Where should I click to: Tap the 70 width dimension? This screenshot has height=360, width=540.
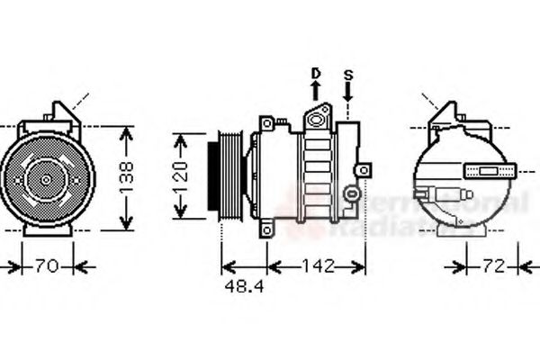[47, 266]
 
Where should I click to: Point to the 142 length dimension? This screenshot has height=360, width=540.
[317, 266]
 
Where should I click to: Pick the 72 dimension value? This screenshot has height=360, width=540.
[492, 266]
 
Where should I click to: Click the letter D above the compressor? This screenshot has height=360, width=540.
[316, 72]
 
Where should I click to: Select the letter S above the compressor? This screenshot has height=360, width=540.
[348, 72]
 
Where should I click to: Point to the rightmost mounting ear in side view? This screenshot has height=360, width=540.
[363, 170]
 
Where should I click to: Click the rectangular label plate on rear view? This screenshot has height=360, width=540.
[490, 170]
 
